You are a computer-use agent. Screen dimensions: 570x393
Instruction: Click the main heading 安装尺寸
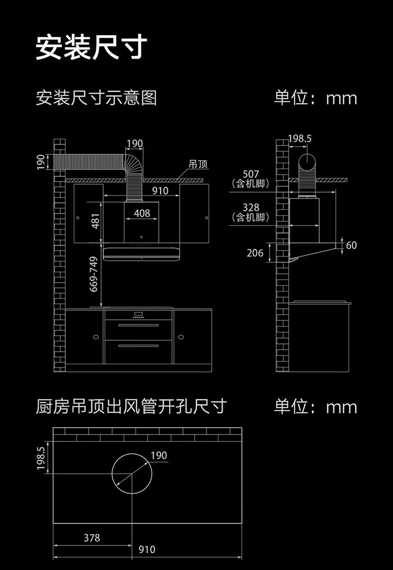[x=91, y=48]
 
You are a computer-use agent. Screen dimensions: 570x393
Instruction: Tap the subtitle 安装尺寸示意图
[x=96, y=98]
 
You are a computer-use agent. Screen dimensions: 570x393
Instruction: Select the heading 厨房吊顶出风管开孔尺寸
[x=131, y=406]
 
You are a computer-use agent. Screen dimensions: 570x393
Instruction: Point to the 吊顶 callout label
[x=198, y=164]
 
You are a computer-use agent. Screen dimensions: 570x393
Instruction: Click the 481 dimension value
[x=95, y=221]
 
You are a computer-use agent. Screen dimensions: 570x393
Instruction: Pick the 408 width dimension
[x=142, y=213]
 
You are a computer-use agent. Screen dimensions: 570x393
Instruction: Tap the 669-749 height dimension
[x=94, y=274]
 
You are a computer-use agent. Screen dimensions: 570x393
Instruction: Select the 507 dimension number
[x=250, y=174]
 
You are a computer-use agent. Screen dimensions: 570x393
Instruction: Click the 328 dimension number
[x=250, y=208]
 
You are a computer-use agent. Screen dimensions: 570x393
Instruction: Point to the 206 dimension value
[x=255, y=253]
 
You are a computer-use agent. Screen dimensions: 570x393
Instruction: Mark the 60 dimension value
[x=351, y=245]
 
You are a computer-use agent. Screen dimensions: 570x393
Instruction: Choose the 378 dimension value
[x=92, y=538]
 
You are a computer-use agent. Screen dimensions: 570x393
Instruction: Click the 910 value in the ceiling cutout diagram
[x=147, y=550]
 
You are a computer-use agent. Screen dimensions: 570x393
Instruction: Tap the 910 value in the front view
[x=160, y=191]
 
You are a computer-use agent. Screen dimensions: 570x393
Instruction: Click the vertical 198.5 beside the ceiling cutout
[x=41, y=458]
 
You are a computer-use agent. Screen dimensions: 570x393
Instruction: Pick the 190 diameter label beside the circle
[x=158, y=455]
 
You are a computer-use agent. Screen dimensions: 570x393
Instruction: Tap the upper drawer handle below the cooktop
[x=138, y=326]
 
